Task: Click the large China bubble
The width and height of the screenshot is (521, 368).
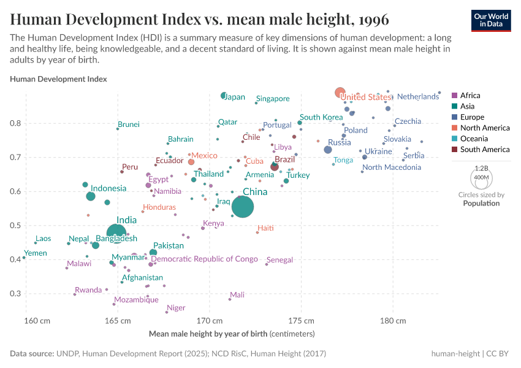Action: [x=242, y=207]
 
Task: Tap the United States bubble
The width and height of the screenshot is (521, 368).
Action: [x=340, y=93]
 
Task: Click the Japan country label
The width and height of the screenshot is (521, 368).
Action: [x=235, y=97]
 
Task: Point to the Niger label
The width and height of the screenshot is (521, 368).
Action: [x=176, y=308]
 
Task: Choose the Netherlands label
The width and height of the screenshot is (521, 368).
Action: [x=418, y=97]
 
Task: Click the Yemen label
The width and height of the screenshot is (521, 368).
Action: [x=36, y=253]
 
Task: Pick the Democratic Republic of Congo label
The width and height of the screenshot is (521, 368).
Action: [x=204, y=259]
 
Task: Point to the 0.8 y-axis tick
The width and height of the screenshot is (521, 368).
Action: [x=15, y=123]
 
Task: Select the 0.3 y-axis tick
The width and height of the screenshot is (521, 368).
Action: [x=15, y=294]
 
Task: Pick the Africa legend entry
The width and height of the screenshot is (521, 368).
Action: [x=470, y=96]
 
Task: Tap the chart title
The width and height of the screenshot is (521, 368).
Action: [x=199, y=20]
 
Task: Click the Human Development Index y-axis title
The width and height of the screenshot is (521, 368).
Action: [x=58, y=79]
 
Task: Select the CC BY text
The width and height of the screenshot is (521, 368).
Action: [x=501, y=354]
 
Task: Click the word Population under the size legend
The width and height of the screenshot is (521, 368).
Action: [x=481, y=203]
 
